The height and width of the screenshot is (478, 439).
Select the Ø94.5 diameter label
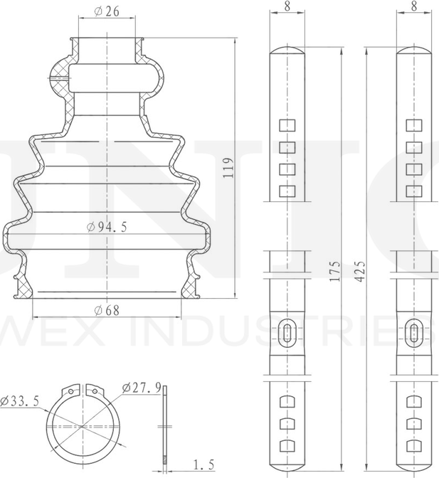(x=106, y=228)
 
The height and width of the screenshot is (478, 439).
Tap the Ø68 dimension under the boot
(x=106, y=310)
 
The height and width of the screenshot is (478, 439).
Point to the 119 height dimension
(x=228, y=168)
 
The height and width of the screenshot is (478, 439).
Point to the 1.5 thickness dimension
(x=203, y=466)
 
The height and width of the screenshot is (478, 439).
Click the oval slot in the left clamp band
(x=287, y=333)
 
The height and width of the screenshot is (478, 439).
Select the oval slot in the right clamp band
(x=414, y=333)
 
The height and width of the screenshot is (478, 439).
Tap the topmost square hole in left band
(x=287, y=126)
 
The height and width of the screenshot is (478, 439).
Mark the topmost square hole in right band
(x=414, y=126)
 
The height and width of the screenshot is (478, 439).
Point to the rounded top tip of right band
(x=414, y=51)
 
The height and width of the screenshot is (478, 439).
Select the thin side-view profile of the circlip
(x=164, y=427)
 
